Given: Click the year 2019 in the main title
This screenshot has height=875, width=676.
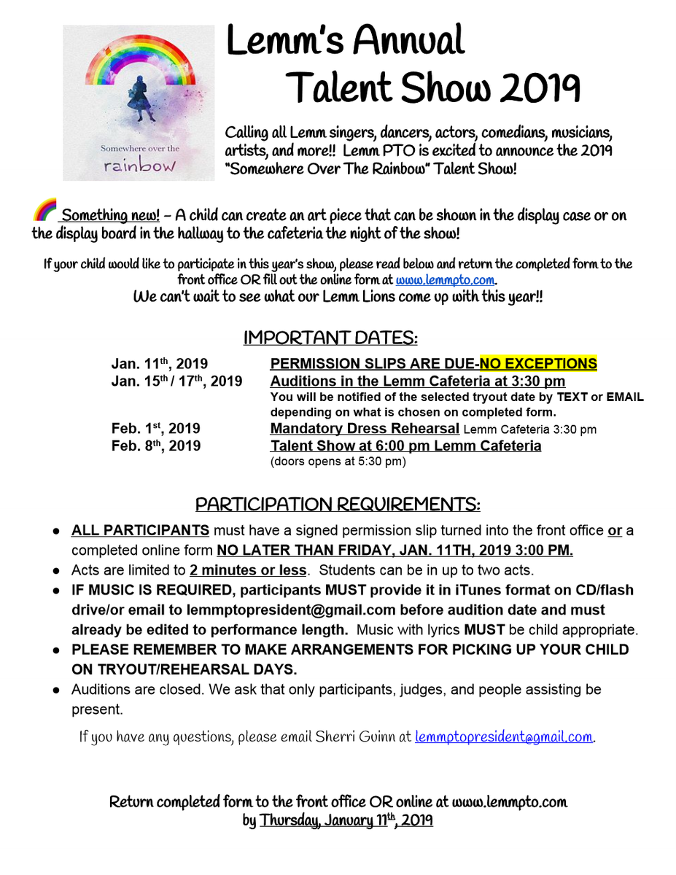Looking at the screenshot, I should [537, 90].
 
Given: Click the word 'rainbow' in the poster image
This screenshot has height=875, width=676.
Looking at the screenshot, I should [139, 166].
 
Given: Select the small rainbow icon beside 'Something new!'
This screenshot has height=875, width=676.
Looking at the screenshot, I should [44, 211].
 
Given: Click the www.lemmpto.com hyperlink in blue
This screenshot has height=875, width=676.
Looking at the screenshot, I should [447, 280].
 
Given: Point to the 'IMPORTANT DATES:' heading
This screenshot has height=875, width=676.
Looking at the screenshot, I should [330, 338].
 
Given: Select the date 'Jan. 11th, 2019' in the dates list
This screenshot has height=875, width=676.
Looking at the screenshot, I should [159, 364].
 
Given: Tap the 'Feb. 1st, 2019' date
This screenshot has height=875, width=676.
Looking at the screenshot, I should [155, 429].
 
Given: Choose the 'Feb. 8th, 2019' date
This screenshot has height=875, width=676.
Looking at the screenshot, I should [155, 446].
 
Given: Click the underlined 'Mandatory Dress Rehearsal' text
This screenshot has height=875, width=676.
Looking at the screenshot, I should [365, 429].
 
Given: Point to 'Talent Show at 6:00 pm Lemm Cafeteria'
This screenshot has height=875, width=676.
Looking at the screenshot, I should [405, 446].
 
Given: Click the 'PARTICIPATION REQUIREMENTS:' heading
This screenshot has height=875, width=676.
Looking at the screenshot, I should [338, 505].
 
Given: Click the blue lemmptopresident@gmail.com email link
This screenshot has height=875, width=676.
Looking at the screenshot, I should [504, 737].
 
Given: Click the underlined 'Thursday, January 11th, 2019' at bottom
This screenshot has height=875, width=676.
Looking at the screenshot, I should [346, 820].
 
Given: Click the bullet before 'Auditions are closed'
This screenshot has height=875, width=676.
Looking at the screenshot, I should [55, 689].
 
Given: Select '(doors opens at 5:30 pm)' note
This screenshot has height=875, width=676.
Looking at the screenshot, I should [338, 462].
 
